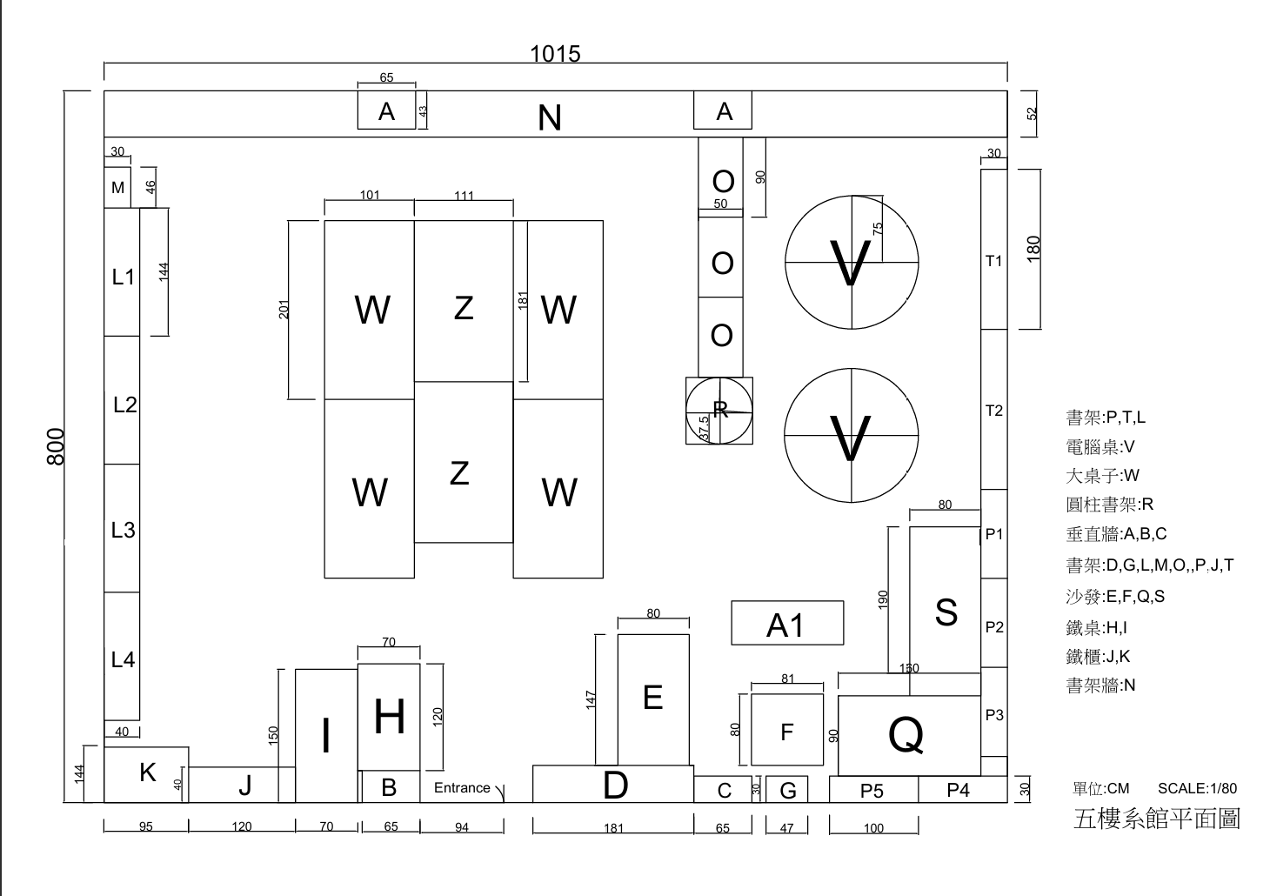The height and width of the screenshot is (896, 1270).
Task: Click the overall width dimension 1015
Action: click(555, 54)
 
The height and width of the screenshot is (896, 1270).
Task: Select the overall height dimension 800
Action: click(56, 446)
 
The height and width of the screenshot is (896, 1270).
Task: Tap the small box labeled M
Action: click(117, 188)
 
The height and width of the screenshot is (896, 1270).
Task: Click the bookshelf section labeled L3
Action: click(123, 530)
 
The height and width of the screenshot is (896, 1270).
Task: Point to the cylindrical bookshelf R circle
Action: click(719, 410)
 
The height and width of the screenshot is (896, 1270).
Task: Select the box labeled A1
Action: click(786, 624)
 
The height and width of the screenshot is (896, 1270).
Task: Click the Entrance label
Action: click(462, 788)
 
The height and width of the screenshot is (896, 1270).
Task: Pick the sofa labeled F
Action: click(787, 732)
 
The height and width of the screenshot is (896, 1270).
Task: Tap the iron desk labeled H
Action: click(389, 718)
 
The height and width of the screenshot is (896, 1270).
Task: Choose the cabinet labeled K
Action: click(147, 772)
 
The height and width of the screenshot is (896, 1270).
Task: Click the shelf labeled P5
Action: click(872, 790)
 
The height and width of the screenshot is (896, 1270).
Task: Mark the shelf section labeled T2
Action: click(993, 411)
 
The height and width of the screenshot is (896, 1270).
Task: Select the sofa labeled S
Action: click(946, 612)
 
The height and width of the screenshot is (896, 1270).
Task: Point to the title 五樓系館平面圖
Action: click(1156, 819)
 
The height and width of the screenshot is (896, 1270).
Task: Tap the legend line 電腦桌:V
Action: click(1100, 447)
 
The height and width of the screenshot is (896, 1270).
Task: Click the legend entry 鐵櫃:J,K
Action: click(1098, 657)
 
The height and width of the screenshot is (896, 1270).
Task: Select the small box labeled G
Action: click(787, 791)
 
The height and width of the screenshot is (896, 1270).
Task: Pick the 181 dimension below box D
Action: click(613, 828)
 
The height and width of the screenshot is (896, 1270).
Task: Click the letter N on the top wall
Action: click(550, 117)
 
